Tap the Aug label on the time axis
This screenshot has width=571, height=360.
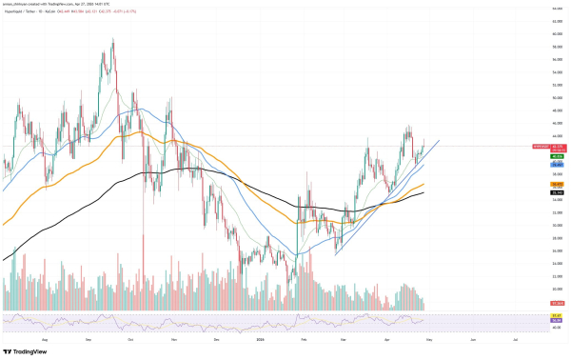(x=46, y=337)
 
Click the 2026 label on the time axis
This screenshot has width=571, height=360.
(x=260, y=337)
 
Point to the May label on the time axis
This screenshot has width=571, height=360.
(x=429, y=337)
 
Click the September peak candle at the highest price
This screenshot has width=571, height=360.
(x=113, y=40)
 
